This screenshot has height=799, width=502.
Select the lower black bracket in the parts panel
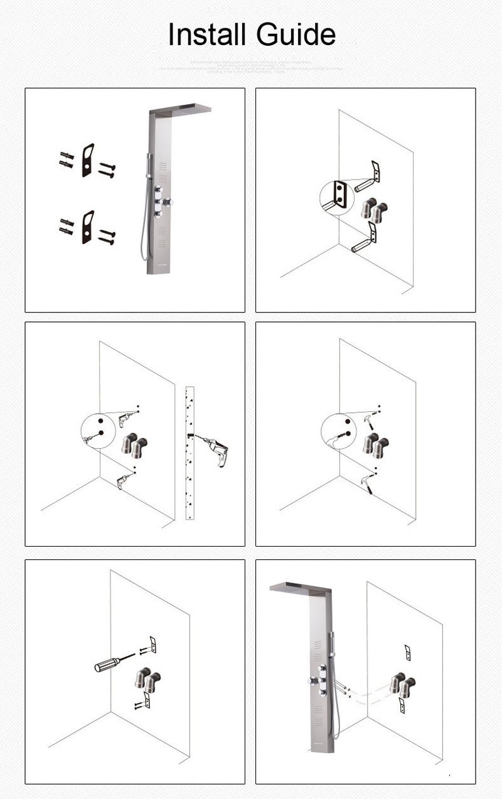(87, 227)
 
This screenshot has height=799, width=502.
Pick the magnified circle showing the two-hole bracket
(337, 197)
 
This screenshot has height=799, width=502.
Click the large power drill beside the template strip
(216, 449)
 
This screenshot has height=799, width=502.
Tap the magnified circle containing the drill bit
(98, 432)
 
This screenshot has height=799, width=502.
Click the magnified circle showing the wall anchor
(338, 432)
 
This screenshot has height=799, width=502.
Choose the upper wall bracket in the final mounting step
(407, 652)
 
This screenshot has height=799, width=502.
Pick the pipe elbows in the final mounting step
(402, 685)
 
